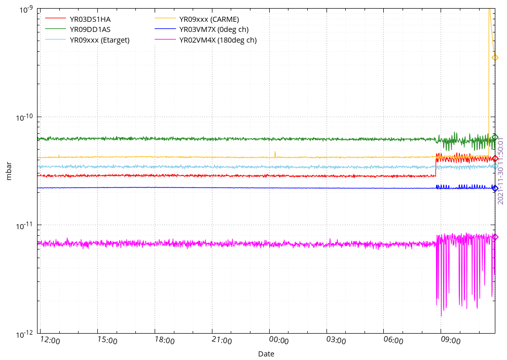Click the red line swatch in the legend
(x=55, y=18)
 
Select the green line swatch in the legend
(x=55, y=28)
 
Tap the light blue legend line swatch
(x=55, y=39)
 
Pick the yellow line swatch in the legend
(x=165, y=18)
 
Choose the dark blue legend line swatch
(x=165, y=28)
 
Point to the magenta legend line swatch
(x=165, y=39)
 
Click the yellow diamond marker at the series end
(x=495, y=57)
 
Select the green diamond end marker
(x=495, y=137)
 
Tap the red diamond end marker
(x=495, y=159)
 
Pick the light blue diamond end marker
(x=495, y=166)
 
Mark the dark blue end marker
(x=495, y=188)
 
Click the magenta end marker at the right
(x=495, y=237)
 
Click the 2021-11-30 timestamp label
(x=500, y=170)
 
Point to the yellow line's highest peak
(x=489, y=9)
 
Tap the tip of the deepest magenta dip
(x=441, y=315)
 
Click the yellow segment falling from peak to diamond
(x=492, y=33)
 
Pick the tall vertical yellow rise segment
(x=489, y=81)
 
